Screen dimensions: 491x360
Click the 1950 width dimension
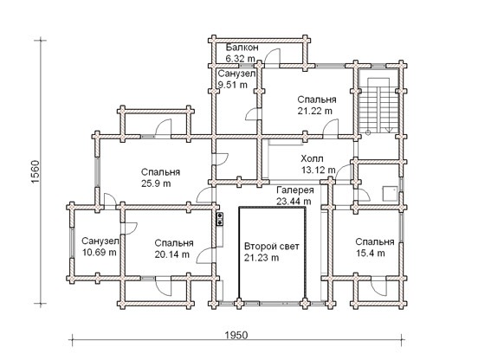pyautogui.click(x=236, y=335)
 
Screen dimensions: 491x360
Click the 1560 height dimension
pyautogui.click(x=36, y=172)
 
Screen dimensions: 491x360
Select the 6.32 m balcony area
pyautogui.click(x=240, y=59)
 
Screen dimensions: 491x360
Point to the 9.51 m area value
pyautogui.click(x=233, y=85)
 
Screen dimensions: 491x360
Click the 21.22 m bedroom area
pyautogui.click(x=314, y=111)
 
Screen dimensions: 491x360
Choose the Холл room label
pyautogui.click(x=312, y=158)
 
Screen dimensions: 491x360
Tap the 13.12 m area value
pyautogui.click(x=318, y=170)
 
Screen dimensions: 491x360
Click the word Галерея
pyautogui.click(x=295, y=190)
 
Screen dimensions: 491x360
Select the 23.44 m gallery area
pyautogui.click(x=294, y=202)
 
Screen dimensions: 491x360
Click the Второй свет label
pyautogui.click(x=272, y=247)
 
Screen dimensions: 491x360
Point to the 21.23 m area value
pyautogui.click(x=262, y=258)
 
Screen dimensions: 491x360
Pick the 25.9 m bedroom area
pyautogui.click(x=156, y=183)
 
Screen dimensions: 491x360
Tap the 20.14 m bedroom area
pyautogui.click(x=172, y=254)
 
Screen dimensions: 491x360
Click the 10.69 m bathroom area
pyautogui.click(x=100, y=252)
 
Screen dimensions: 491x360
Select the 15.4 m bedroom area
pyautogui.click(x=371, y=253)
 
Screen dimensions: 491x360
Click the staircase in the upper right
pyautogui.click(x=378, y=105)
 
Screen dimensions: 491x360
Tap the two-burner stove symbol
pyautogui.click(x=220, y=219)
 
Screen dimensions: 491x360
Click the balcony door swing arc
pyautogui.click(x=273, y=56)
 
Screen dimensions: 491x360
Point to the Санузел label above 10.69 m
pyautogui.click(x=100, y=241)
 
